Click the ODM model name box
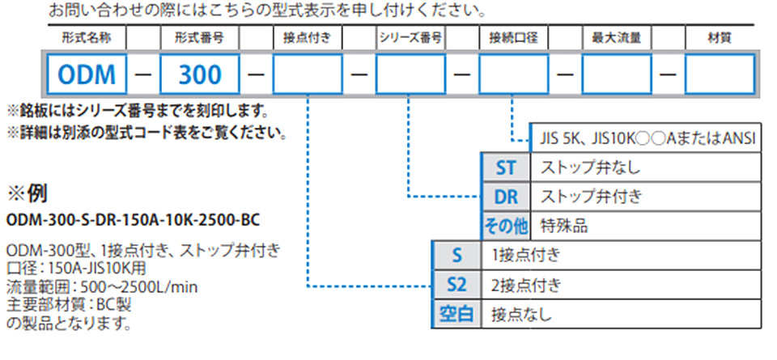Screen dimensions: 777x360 (87, 74)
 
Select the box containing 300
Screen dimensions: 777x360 (200, 74)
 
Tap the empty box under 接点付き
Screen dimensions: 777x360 (308, 74)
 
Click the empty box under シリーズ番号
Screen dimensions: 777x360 (411, 74)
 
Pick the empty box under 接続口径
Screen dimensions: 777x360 (514, 74)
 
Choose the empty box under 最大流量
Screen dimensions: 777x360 (617, 74)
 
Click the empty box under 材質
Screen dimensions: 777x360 (720, 74)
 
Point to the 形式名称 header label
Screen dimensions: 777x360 (87, 38)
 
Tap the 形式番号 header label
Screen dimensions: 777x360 (200, 38)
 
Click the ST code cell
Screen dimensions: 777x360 (506, 168)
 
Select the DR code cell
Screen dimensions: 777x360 (506, 197)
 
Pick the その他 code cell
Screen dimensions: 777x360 (506, 226)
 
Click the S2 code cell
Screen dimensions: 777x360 (456, 285)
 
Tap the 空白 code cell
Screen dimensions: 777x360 (456, 314)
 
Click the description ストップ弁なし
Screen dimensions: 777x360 (590, 168)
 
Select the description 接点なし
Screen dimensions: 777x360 (521, 314)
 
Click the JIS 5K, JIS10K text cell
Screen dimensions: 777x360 (645, 138)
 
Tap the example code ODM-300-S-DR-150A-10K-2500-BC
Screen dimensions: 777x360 (133, 219)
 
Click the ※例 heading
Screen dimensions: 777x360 (28, 193)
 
